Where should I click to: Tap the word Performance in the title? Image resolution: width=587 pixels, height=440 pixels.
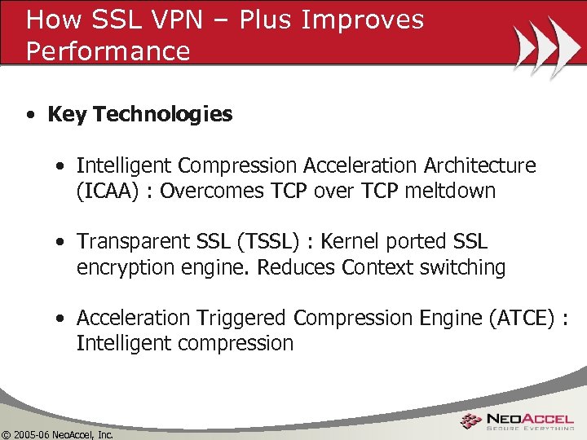click(x=108, y=51)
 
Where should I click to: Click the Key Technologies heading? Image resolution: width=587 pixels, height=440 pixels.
click(x=139, y=114)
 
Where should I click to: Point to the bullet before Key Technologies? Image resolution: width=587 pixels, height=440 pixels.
click(x=29, y=115)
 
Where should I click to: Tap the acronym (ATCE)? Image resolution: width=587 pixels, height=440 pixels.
click(x=523, y=318)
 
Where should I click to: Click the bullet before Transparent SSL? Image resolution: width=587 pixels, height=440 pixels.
click(x=60, y=243)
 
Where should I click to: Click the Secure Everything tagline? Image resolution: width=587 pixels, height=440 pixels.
click(x=530, y=427)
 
